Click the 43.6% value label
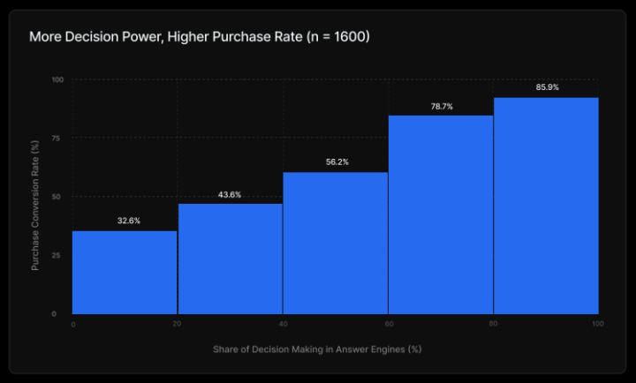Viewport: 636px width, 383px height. pos(230,194)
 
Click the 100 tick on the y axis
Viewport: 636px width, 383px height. pos(58,79)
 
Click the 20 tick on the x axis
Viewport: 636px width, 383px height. pos(178,324)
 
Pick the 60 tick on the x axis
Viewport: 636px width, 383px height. pos(388,324)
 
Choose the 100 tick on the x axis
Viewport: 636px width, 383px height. pos(597,324)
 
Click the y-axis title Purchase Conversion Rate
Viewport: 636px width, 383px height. pos(35,197)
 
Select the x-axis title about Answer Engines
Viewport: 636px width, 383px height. pos(317,349)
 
